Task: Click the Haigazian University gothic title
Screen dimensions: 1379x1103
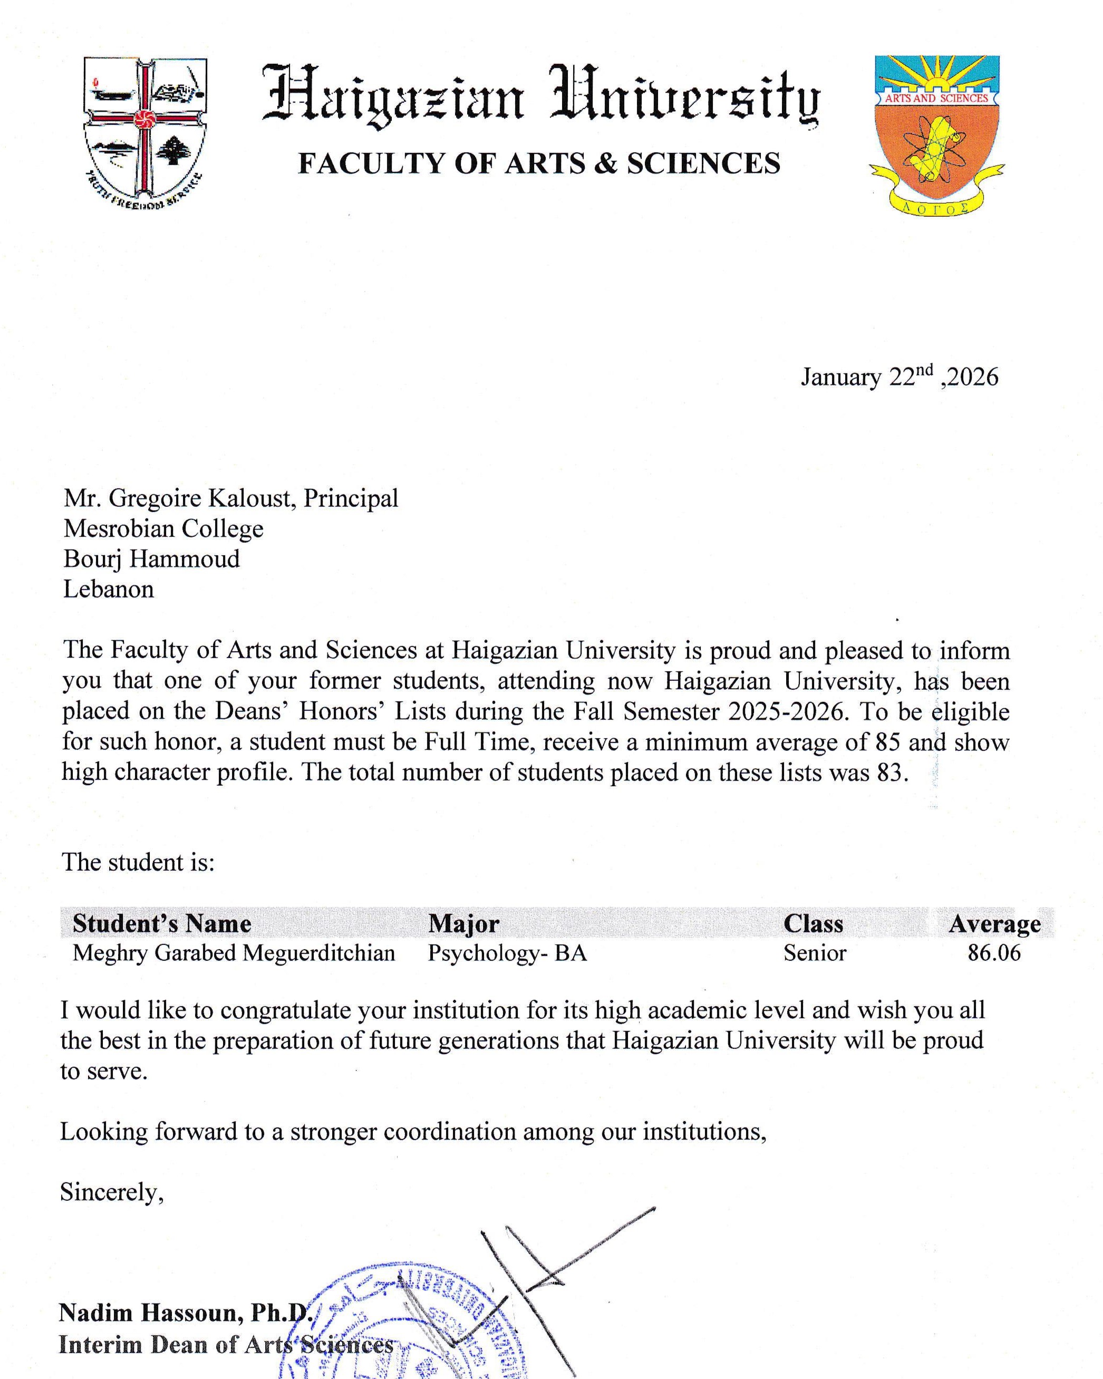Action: point(540,95)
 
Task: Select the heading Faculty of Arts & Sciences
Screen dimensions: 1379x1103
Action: point(539,164)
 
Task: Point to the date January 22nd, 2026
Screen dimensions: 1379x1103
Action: point(899,377)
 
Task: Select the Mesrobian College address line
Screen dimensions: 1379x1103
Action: point(163,529)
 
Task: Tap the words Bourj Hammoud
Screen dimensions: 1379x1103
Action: point(151,559)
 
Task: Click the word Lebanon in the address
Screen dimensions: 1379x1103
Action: point(109,589)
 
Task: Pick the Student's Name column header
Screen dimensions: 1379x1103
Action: point(162,923)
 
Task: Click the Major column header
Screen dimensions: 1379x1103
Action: point(463,923)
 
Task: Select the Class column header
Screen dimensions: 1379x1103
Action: point(814,923)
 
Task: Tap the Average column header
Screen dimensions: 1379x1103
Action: point(994,923)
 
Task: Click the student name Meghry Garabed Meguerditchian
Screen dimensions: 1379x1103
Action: point(234,953)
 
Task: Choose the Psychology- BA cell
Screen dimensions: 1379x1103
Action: point(507,953)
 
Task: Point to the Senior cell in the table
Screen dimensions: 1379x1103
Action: point(815,953)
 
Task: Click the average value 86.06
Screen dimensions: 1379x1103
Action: point(994,953)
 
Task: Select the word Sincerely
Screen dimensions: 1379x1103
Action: point(112,1192)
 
